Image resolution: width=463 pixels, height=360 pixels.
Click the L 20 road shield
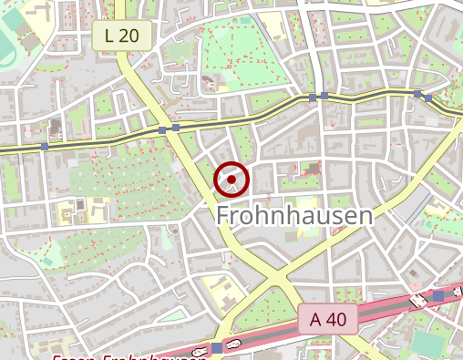121,36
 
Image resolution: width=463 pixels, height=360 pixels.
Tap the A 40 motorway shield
328,319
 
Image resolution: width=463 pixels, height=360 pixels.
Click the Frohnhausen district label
294,216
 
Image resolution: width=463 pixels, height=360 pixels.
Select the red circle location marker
231,180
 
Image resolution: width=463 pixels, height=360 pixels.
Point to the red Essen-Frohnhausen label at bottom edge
128,356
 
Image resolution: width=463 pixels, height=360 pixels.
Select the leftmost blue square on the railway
44,147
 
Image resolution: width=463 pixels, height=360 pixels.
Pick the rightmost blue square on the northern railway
428,98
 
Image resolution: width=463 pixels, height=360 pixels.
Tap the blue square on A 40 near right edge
438,296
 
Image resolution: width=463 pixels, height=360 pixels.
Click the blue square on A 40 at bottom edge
216,347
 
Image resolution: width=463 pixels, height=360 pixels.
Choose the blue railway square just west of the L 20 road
162,130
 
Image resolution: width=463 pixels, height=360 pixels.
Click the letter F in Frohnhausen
223,216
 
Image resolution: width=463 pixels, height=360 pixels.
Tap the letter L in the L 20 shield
109,36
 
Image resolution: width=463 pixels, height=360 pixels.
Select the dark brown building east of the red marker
312,168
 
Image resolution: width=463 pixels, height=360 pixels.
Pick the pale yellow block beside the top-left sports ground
40,11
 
